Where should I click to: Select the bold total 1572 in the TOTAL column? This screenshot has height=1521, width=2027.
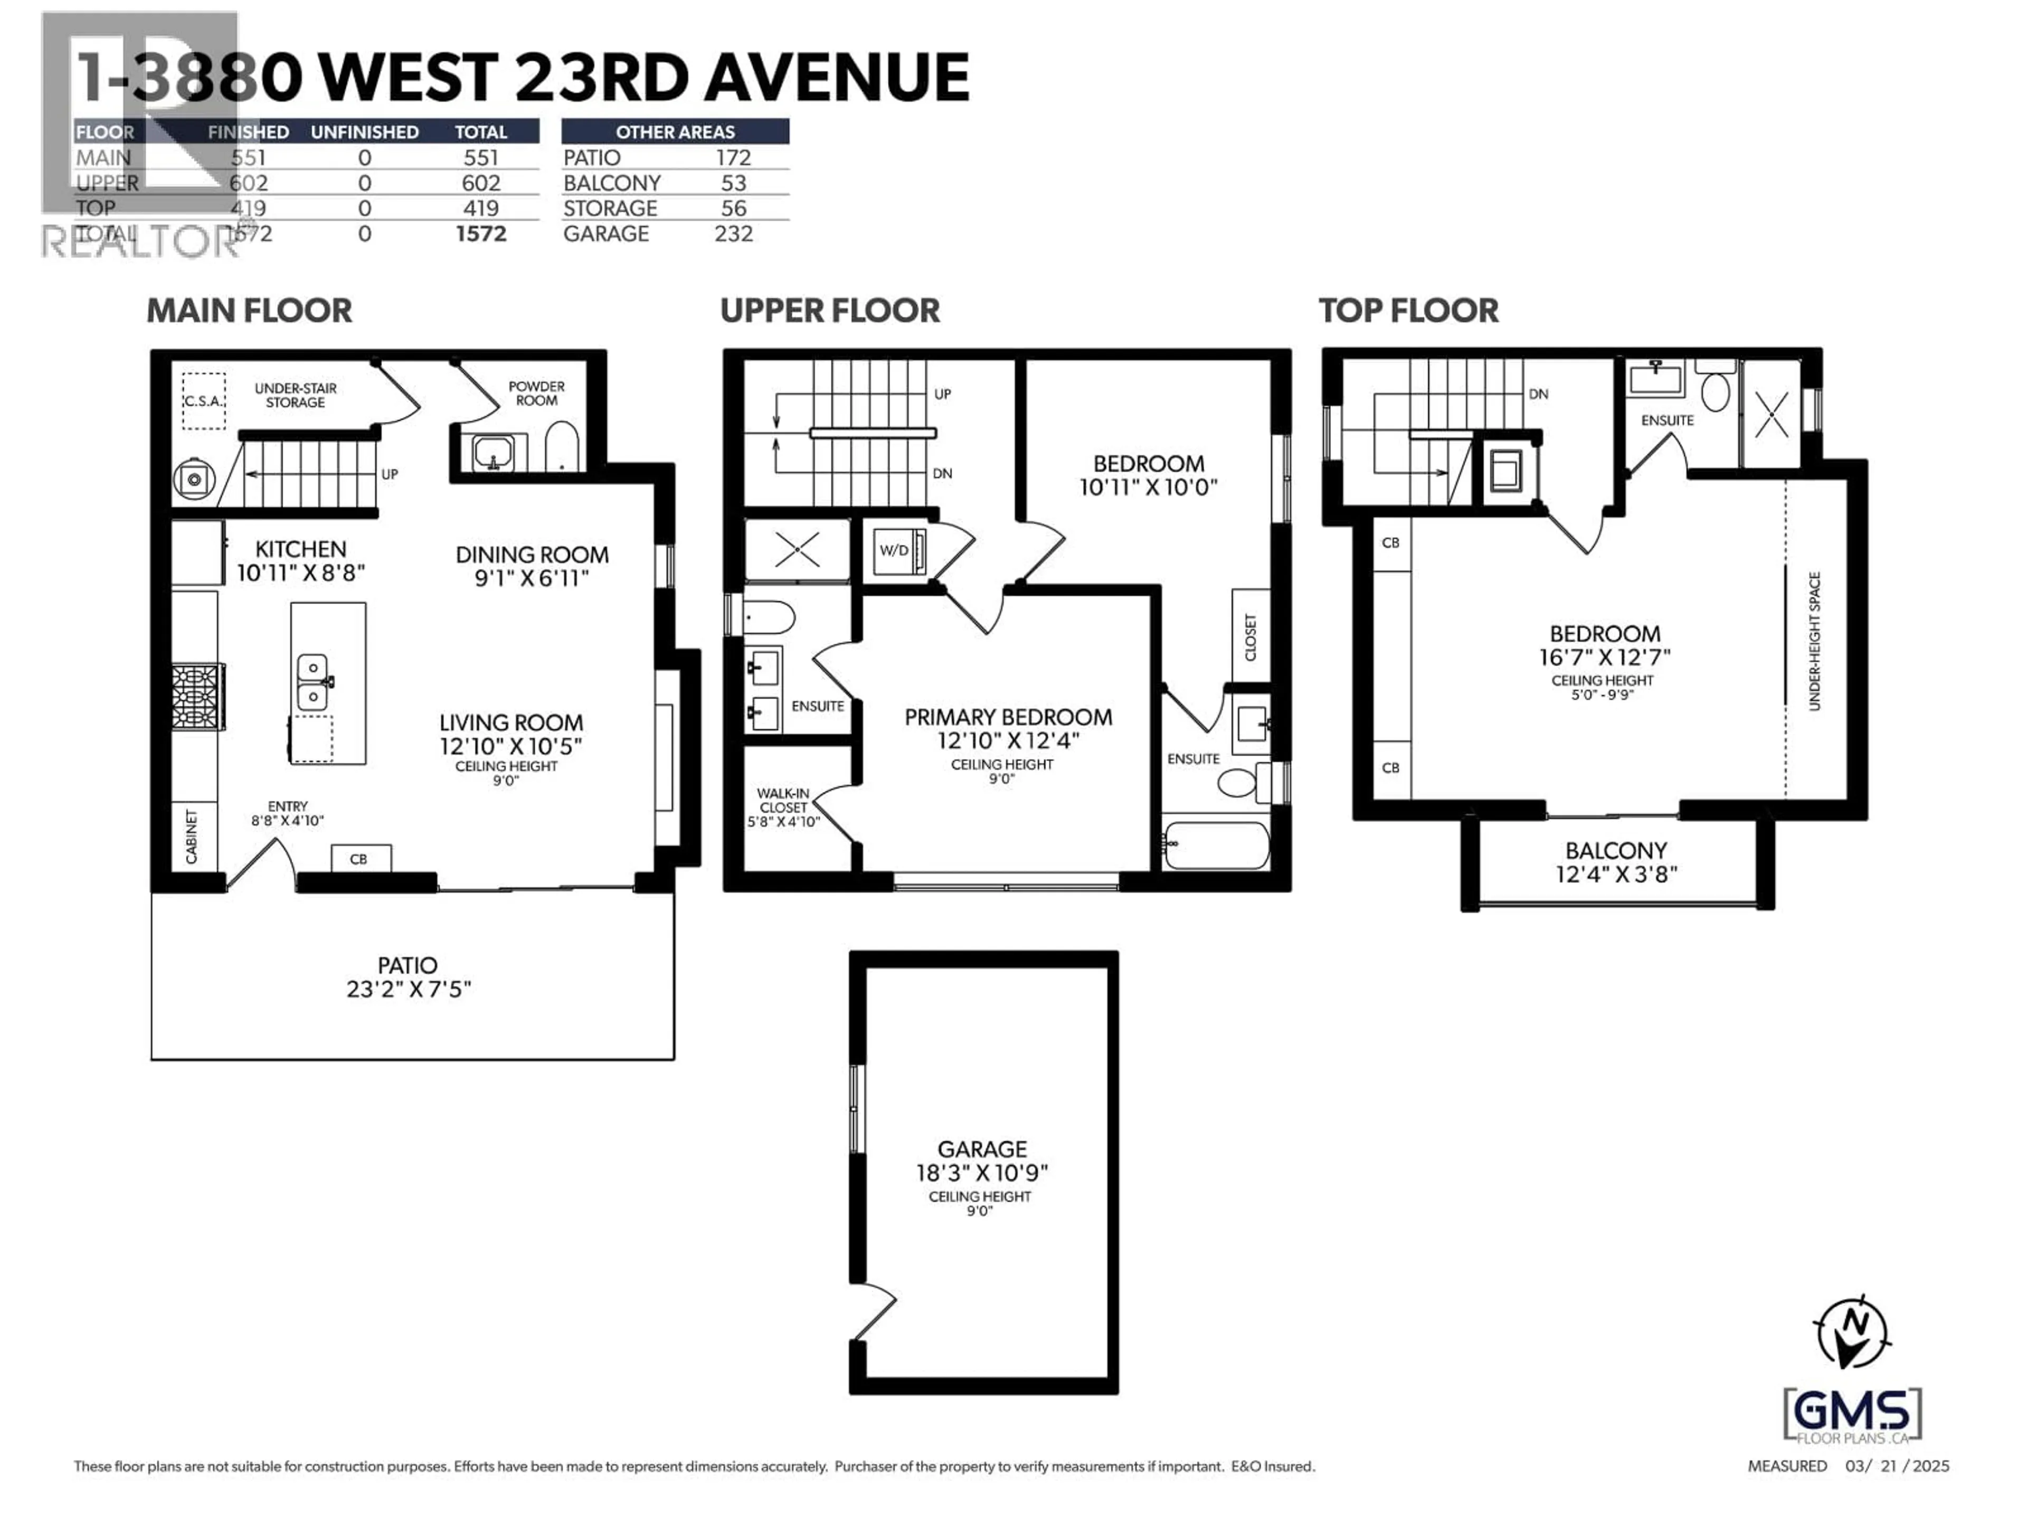point(481,234)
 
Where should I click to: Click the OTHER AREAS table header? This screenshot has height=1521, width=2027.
point(675,131)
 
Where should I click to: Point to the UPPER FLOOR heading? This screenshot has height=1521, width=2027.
point(829,311)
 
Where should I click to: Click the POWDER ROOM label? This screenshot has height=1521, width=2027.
point(536,393)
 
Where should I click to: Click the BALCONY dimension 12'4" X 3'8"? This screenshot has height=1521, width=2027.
point(1616,875)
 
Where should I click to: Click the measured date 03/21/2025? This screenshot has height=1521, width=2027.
point(1897,1466)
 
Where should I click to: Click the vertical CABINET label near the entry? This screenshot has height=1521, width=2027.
point(192,836)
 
